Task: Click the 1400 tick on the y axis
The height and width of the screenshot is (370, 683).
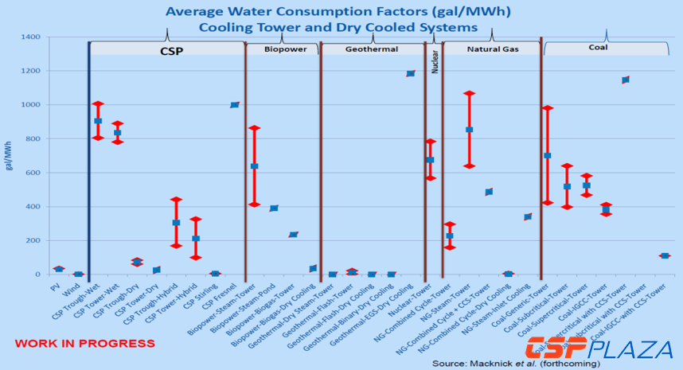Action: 29,37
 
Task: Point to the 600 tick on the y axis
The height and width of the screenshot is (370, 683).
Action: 32,173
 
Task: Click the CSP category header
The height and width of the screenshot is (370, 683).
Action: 167,49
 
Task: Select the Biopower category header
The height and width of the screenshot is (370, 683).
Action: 282,49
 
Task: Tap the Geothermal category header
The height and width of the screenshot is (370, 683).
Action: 373,49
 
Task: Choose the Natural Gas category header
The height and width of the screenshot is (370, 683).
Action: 490,49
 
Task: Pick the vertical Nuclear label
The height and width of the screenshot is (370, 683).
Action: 435,63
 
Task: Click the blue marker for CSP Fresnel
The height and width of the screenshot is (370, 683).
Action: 235,105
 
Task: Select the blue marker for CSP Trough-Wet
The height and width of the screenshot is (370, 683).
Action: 98,121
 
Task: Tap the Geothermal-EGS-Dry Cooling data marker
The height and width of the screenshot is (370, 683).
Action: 411,73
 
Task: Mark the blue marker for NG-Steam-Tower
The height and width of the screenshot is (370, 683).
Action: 470,130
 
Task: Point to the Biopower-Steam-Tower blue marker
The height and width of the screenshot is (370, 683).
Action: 255,166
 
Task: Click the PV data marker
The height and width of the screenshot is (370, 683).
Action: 59,269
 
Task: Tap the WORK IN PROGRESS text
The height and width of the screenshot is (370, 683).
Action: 84,344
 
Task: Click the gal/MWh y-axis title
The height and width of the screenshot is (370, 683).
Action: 10,156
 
